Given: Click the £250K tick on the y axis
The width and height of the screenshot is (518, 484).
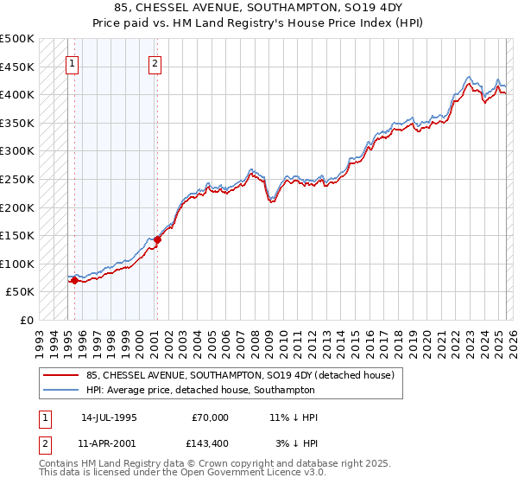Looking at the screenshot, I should (x=17, y=179).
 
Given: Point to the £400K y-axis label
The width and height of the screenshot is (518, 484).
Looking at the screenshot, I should (x=17, y=94).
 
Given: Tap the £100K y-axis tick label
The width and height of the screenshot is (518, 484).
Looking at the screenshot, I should (x=17, y=264).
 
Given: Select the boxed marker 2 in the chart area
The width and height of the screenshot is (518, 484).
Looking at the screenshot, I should (x=155, y=62).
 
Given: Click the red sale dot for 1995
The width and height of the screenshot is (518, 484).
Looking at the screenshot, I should (x=74, y=280).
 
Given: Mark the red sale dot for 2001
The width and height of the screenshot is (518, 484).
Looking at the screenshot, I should (x=156, y=239).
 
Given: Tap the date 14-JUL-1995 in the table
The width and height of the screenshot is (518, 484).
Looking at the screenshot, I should (x=109, y=417).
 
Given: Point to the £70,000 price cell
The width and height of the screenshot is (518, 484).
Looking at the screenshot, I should (x=211, y=417).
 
